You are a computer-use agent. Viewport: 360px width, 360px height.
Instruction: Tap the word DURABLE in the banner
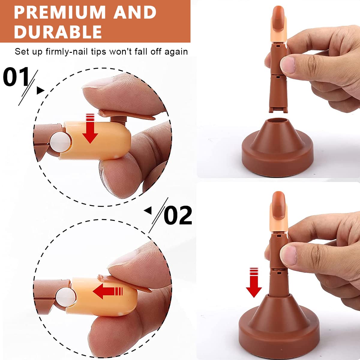point(58,32)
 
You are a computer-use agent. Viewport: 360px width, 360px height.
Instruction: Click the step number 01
point(16,77)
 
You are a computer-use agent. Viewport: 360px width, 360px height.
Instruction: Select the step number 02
point(178,215)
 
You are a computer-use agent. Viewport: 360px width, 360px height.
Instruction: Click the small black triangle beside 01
point(40,90)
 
